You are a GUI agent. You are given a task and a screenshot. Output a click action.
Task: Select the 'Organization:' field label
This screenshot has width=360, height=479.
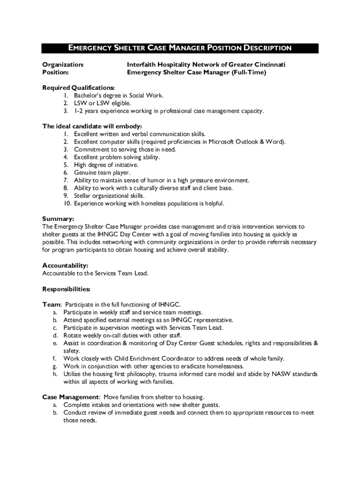click(63, 64)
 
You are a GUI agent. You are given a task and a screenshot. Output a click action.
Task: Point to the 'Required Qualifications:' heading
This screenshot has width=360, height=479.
click(78, 87)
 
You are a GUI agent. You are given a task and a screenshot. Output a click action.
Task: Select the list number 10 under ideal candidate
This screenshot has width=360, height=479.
click(67, 203)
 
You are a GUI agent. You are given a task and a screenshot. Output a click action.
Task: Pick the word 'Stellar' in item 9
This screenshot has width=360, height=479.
click(83, 196)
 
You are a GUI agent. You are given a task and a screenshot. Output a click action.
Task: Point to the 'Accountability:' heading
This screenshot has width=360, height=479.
click(65, 265)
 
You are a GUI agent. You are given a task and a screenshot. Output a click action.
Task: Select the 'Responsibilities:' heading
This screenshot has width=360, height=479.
click(66, 289)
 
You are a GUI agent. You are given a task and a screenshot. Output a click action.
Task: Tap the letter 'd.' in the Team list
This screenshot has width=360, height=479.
click(55, 335)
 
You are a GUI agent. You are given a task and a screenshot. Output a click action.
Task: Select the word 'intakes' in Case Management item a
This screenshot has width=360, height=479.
click(101, 405)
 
